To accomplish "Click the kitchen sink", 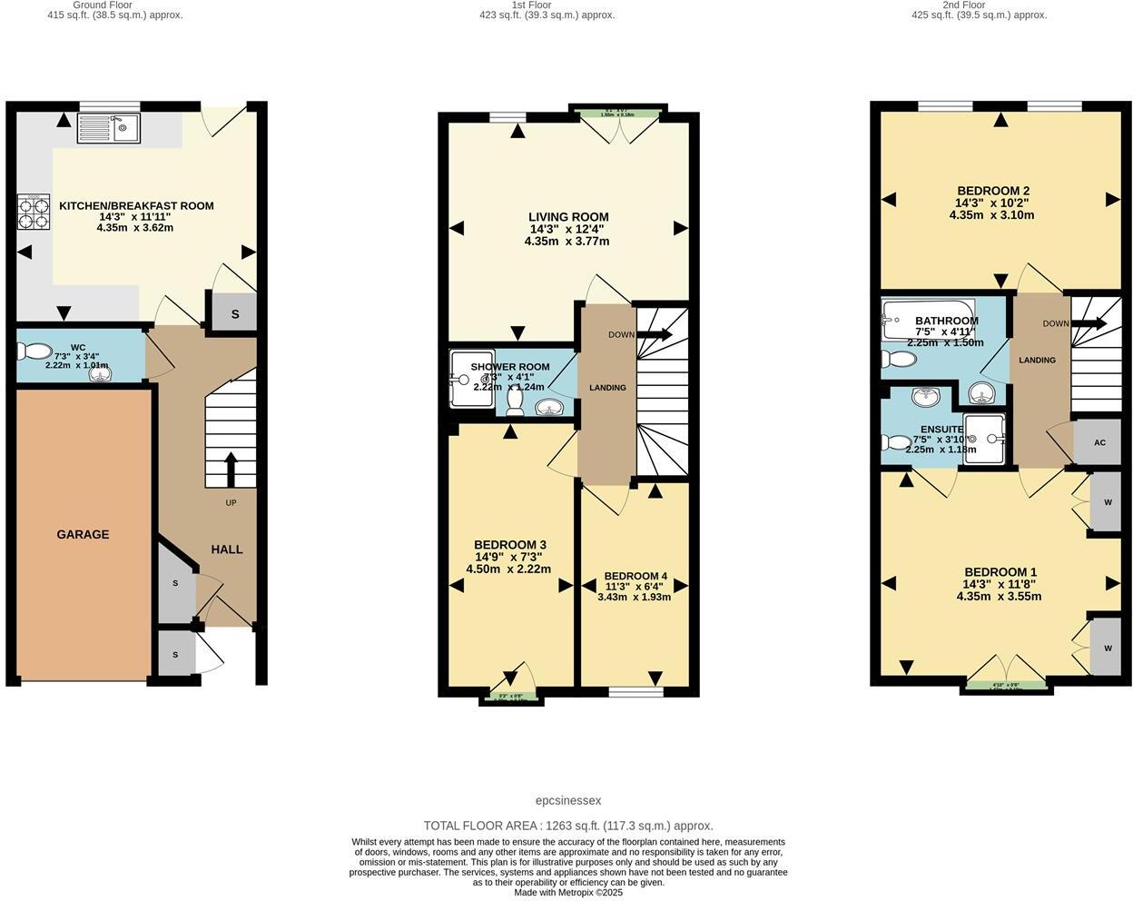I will (x=108, y=128).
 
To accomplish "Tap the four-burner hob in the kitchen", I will (x=34, y=212).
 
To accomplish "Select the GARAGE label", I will (x=83, y=535).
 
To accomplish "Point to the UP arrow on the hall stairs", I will (x=230, y=469).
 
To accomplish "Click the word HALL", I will (x=227, y=550).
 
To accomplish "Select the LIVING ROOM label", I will (x=568, y=217).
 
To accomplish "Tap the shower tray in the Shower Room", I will (x=471, y=378).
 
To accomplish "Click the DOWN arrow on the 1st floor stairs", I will (x=654, y=335).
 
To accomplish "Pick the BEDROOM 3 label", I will (x=509, y=545).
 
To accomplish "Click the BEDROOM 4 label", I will (x=635, y=576).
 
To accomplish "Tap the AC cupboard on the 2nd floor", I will (x=1099, y=443).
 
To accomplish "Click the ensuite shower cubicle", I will (x=985, y=440).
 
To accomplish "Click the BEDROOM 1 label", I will (x=1000, y=572).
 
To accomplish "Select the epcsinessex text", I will (x=568, y=801).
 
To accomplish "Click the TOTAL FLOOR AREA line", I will (x=568, y=826).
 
